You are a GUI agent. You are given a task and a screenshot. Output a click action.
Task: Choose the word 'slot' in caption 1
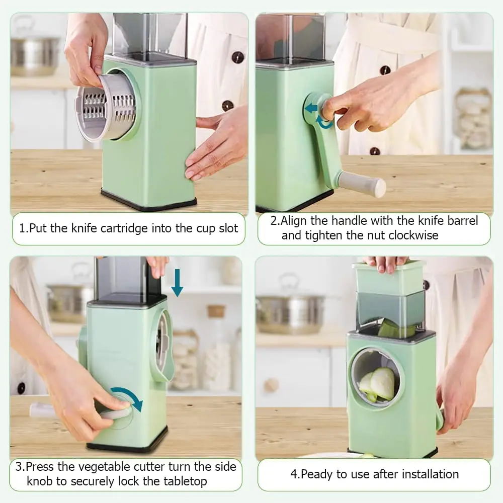click(226, 228)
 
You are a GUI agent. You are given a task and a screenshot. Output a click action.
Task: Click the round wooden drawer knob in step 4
click(272, 385)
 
